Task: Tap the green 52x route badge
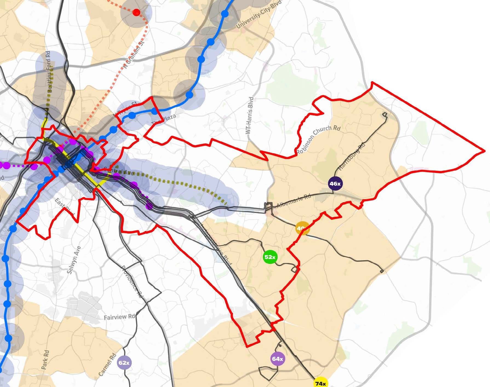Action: (x=270, y=257)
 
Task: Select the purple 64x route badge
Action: (x=277, y=359)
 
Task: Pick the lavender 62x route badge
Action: (x=124, y=363)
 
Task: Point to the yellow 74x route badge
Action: (x=320, y=383)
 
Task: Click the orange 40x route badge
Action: (x=302, y=228)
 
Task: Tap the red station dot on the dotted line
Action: (x=136, y=12)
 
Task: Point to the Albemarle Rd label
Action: (x=294, y=201)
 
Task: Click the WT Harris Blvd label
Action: (x=250, y=115)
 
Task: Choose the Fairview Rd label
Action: (x=120, y=317)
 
